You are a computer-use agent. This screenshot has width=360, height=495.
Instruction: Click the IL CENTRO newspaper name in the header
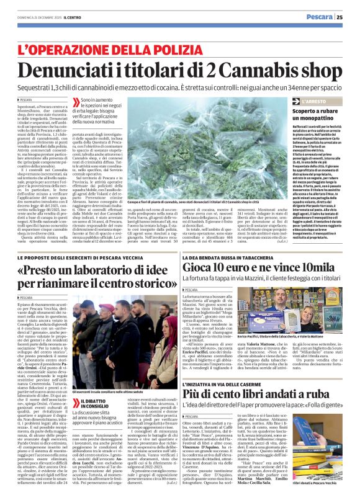(70, 17)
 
